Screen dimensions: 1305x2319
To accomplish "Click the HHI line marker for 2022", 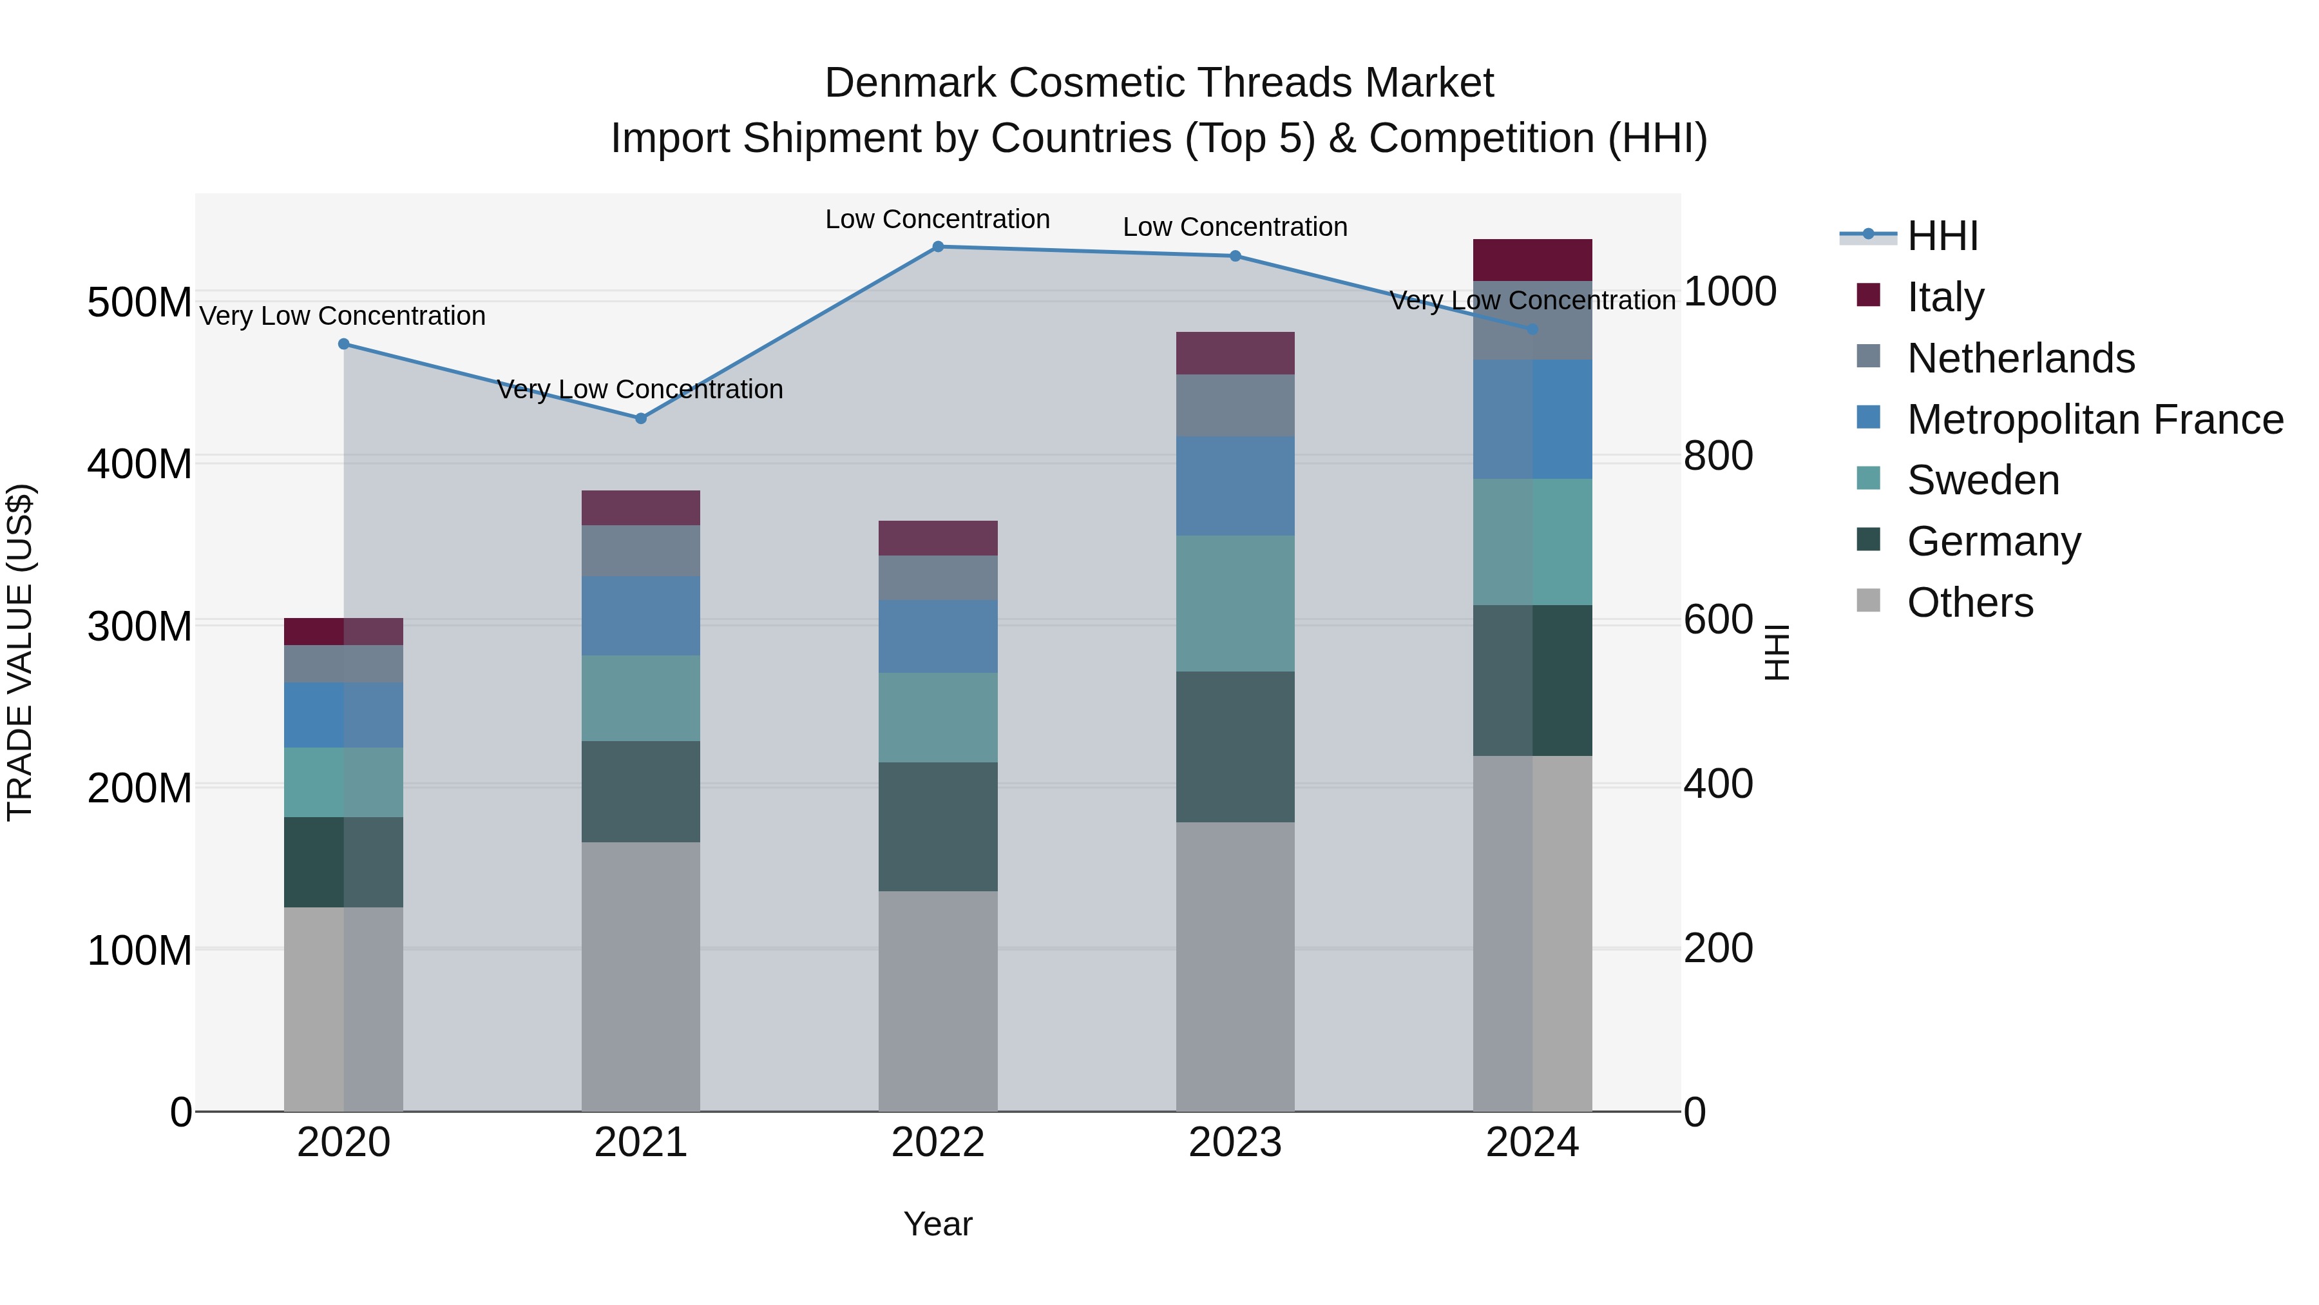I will pyautogui.click(x=937, y=247).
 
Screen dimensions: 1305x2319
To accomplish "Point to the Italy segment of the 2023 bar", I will pyautogui.click(x=1234, y=353).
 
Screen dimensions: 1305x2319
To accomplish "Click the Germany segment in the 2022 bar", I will pyautogui.click(x=937, y=826).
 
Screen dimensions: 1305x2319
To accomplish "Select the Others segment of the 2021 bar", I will pyautogui.click(x=640, y=976).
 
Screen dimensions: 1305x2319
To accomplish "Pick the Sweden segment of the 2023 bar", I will pyautogui.click(x=1234, y=603).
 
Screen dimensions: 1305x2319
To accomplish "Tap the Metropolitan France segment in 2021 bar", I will pyautogui.click(x=640, y=615).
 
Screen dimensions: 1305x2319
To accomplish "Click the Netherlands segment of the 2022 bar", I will pyautogui.click(x=937, y=577).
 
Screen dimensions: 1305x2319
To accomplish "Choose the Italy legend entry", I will pyautogui.click(x=1945, y=297).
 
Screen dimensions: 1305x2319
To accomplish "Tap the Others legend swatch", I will pyautogui.click(x=1868, y=601).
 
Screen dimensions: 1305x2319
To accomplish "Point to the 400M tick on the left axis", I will pyautogui.click(x=140, y=464).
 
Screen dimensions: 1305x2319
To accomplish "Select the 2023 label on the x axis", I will pyautogui.click(x=1234, y=1143).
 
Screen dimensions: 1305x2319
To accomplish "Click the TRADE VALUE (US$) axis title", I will pyautogui.click(x=20, y=652).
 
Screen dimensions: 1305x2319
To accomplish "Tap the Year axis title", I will pyautogui.click(x=937, y=1224).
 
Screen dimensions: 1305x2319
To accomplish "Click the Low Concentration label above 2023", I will pyautogui.click(x=1234, y=227).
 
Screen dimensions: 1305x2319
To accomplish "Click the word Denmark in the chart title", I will pyautogui.click(x=910, y=83).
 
